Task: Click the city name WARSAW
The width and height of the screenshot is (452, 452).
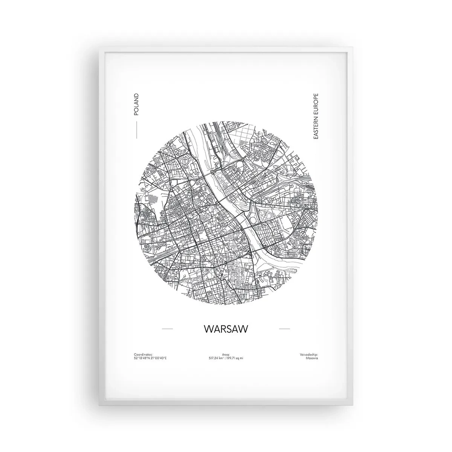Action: [226, 329]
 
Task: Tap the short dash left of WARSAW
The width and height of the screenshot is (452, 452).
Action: [167, 329]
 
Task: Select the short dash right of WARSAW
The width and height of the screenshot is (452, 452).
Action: [284, 329]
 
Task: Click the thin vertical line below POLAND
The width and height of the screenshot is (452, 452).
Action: [136, 128]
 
